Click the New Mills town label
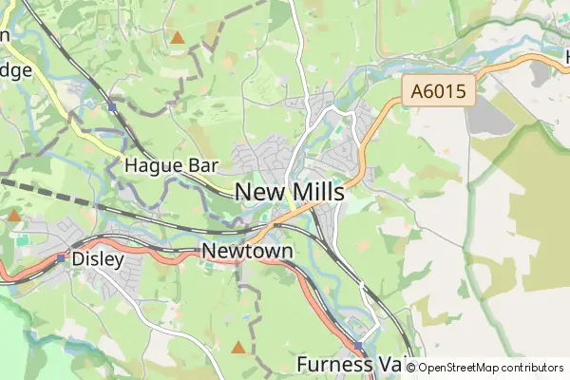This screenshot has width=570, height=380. pos(289,192)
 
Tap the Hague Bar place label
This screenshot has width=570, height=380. pos(172,165)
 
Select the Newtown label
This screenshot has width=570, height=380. pos(247,251)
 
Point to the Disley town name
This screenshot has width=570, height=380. pos(99,258)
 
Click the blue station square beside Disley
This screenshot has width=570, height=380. pos(61,257)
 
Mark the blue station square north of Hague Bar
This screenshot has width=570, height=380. pos(112,106)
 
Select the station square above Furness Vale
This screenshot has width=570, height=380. pos(358,346)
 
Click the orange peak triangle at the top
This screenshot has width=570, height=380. pos(177,38)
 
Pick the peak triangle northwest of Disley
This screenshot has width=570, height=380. pos(14,216)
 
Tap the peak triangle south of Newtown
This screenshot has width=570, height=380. pos(237,348)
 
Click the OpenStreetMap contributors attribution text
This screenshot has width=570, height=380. pos(490,367)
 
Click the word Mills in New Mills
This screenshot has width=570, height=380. pos(314,192)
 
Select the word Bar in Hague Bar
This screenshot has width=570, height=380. pos(203,165)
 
